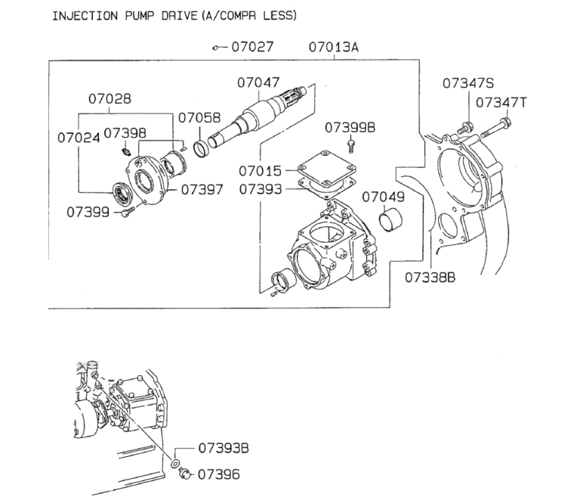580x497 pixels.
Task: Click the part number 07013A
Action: [333, 47]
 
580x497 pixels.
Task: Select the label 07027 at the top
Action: [251, 47]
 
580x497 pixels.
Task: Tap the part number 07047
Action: [258, 82]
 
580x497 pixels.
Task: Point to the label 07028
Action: [109, 98]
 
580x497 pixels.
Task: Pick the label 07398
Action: [125, 133]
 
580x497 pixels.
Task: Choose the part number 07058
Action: [199, 117]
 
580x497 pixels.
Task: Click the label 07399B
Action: [350, 126]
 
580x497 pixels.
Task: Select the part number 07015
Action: [261, 172]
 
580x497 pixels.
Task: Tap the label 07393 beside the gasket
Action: [261, 189]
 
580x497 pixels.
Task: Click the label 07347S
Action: [468, 83]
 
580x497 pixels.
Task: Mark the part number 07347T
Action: [501, 101]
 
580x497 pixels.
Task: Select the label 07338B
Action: [430, 277]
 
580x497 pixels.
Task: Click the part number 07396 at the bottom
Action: [218, 474]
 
